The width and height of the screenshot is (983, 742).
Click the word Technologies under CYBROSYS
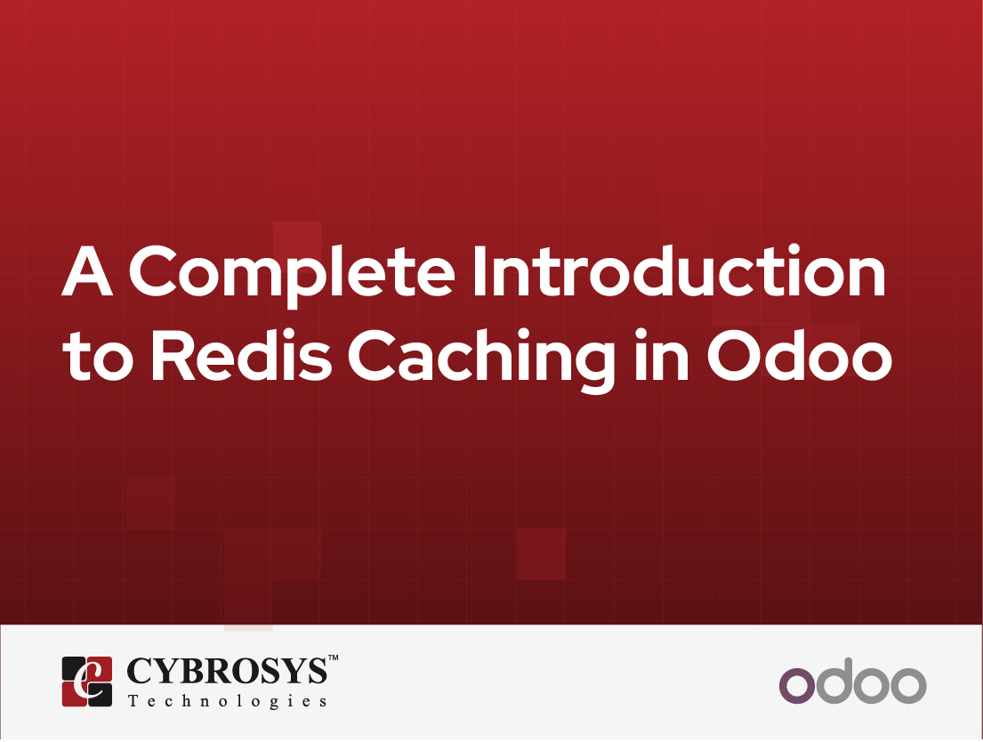point(227,701)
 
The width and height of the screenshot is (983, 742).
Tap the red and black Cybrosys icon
point(87,682)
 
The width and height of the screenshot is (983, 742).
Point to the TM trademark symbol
point(334,658)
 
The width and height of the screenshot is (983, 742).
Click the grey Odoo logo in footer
point(852,682)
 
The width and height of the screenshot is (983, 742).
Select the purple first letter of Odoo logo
point(796,686)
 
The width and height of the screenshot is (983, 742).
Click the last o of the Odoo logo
point(908,686)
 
